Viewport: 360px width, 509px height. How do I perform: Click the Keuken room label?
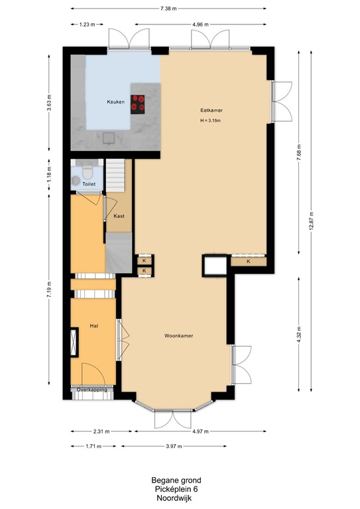[x=116, y=102]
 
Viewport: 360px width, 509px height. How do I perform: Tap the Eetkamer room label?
[x=211, y=110]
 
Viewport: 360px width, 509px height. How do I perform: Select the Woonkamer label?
[x=178, y=336]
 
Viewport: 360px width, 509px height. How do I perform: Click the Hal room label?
[x=94, y=326]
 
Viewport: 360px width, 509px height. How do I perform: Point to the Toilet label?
[x=89, y=184]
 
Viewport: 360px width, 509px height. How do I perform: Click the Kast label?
[x=119, y=216]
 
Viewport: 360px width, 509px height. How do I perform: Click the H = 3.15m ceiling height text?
[x=211, y=121]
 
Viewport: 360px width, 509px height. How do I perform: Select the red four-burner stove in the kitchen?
[x=139, y=103]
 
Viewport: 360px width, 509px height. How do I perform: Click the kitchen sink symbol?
[x=107, y=138]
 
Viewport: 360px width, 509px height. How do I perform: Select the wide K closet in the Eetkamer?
[x=249, y=262]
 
